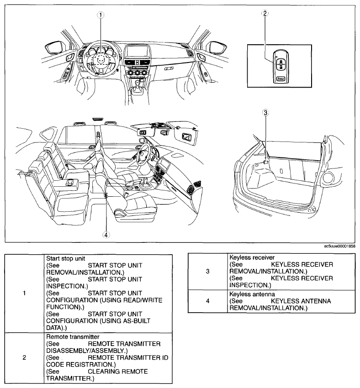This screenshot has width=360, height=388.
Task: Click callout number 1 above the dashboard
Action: (x=101, y=14)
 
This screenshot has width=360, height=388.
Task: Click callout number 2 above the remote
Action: (x=264, y=13)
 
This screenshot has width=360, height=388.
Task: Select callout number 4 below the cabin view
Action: (x=106, y=235)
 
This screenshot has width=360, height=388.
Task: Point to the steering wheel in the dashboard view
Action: (x=101, y=59)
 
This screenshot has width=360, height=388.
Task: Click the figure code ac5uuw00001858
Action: (x=339, y=246)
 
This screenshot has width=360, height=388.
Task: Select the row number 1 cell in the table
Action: (x=24, y=293)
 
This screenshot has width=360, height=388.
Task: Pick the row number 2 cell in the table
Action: (x=24, y=357)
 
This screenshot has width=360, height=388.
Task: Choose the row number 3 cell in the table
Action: (x=207, y=271)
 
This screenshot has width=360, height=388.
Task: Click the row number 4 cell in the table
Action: (x=207, y=302)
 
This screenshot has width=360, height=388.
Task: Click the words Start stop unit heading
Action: (x=66, y=258)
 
